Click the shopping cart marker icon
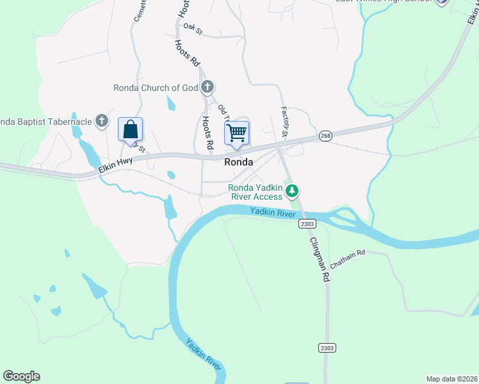click(x=237, y=133)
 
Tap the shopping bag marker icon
click(x=130, y=129)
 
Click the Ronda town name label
click(x=238, y=163)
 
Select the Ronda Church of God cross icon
click(x=206, y=87)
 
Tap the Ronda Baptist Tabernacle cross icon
click(x=101, y=120)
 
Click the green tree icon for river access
click(x=292, y=191)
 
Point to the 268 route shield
click(x=326, y=136)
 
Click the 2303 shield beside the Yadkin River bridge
click(x=307, y=223)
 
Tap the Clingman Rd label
click(x=318, y=260)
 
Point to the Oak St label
click(x=192, y=27)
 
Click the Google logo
click(x=21, y=376)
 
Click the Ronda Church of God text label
click(x=156, y=88)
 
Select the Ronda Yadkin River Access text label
click(x=256, y=192)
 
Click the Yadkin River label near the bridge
click(x=273, y=212)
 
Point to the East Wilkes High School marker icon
click(x=441, y=2)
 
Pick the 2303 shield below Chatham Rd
click(x=326, y=348)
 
